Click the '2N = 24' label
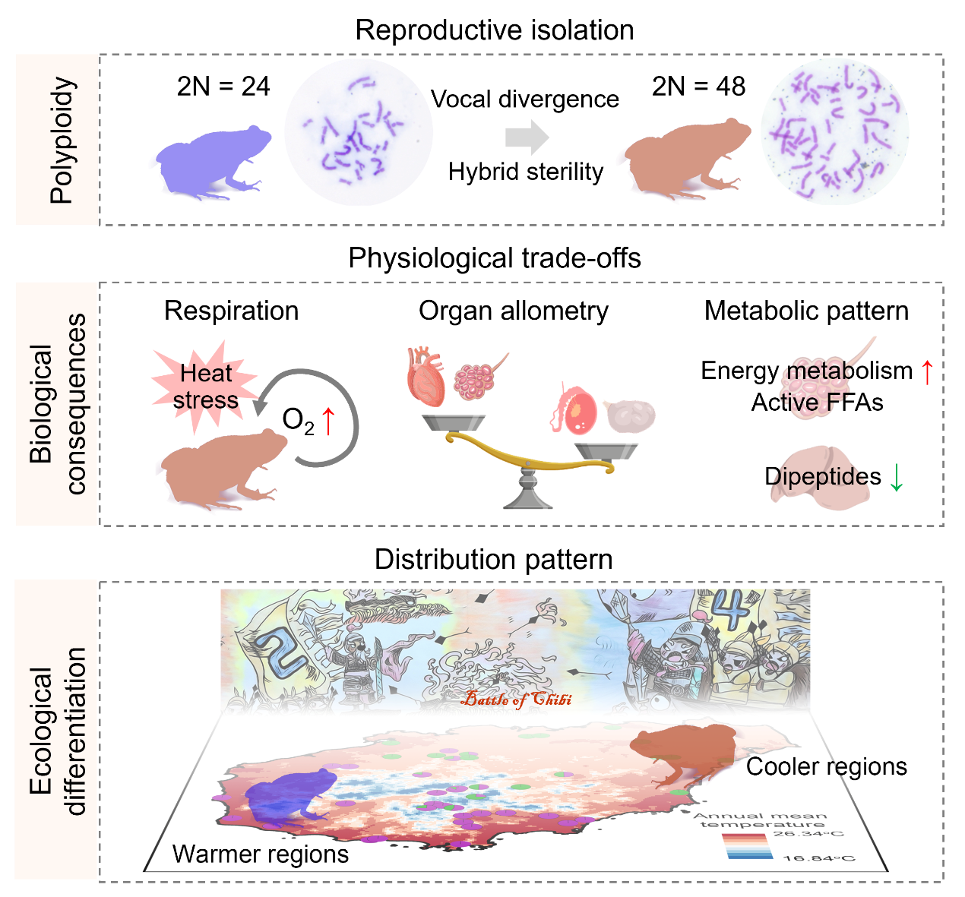(x=223, y=87)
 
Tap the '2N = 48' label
(x=698, y=87)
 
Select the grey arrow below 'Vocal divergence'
(x=527, y=137)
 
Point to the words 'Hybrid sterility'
(x=526, y=172)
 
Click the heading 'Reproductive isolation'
(x=495, y=30)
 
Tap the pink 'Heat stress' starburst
(x=204, y=386)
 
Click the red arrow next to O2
(x=328, y=421)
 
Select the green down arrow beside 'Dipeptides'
(x=897, y=477)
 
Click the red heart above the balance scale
(x=426, y=377)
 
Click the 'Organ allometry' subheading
(x=514, y=311)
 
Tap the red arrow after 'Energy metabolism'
(x=926, y=371)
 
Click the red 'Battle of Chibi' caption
(x=517, y=700)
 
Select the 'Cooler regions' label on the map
(x=826, y=766)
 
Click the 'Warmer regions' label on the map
(x=261, y=854)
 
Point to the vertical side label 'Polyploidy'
(x=62, y=141)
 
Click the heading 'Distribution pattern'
(x=494, y=560)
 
